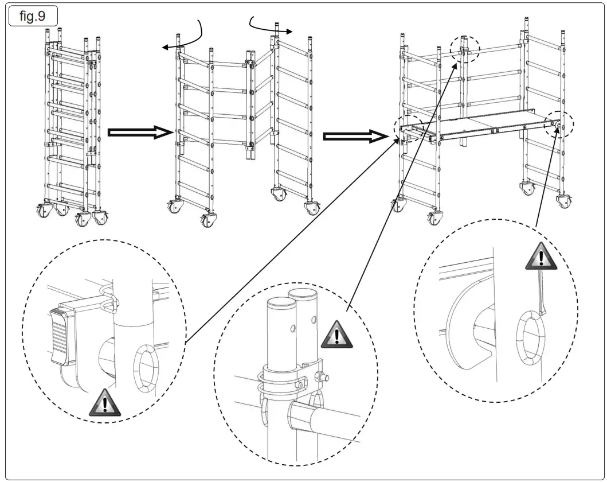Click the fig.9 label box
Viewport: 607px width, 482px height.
[x=32, y=15]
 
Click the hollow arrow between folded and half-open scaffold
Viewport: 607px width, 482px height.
[x=141, y=133]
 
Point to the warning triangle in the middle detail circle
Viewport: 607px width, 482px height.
[x=336, y=333]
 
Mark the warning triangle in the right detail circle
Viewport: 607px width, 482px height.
[x=541, y=256]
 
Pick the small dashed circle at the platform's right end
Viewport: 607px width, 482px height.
[x=559, y=124]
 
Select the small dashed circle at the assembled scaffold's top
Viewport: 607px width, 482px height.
[x=464, y=48]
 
